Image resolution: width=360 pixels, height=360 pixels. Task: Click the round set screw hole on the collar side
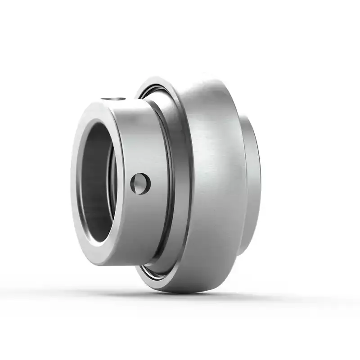[x=140, y=184]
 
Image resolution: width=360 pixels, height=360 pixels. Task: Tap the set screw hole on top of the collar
[x=112, y=99]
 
